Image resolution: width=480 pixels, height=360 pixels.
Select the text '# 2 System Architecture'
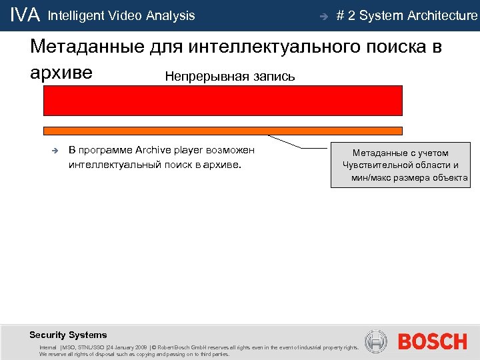tap(407, 15)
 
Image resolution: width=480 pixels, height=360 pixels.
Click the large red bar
tap(223, 101)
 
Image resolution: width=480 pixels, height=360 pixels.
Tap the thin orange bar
tap(223, 131)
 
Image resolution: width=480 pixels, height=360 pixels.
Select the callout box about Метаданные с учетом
tap(400, 165)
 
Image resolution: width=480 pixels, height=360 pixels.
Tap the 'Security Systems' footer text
tap(68, 335)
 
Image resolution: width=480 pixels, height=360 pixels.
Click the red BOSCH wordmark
tap(432, 342)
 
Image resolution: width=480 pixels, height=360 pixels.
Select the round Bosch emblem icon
tap(377, 342)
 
